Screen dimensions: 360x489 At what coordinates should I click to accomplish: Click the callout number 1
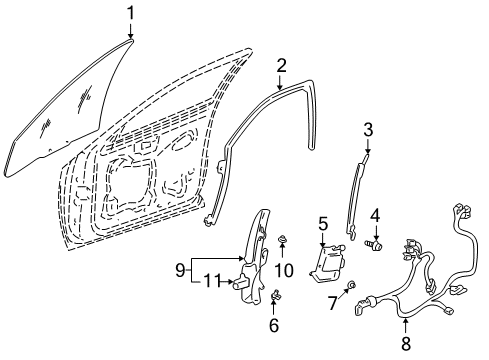click(130, 12)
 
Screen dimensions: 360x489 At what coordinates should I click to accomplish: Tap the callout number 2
click(283, 66)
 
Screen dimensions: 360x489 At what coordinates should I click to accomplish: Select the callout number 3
click(368, 128)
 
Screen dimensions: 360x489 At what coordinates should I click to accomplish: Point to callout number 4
click(376, 214)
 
